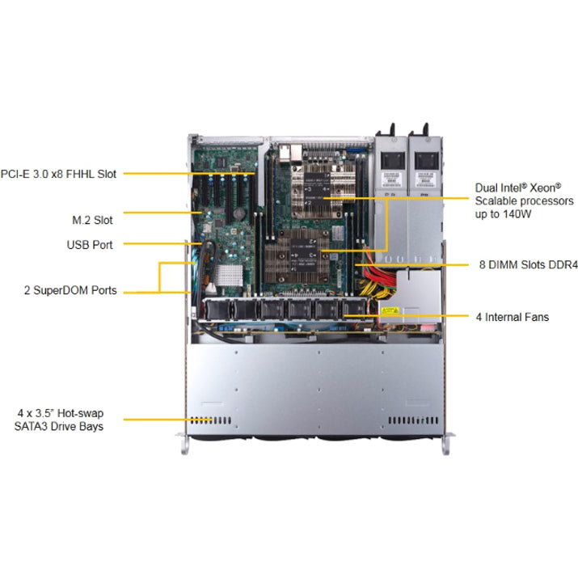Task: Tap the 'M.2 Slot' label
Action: (x=91, y=219)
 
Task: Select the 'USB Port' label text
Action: (x=90, y=244)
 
